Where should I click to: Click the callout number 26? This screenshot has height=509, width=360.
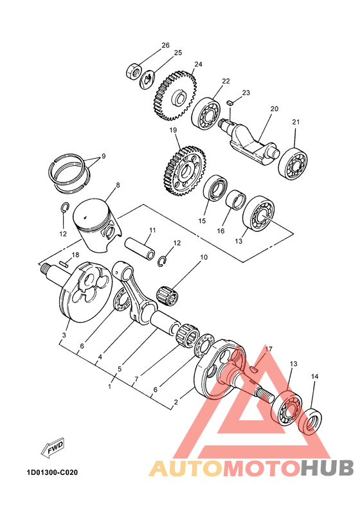click(165, 46)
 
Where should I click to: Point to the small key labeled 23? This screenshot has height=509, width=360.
click(230, 102)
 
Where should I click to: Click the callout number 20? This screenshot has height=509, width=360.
click(274, 109)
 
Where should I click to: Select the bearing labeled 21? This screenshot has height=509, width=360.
click(293, 163)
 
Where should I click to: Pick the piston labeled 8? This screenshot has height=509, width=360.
click(96, 222)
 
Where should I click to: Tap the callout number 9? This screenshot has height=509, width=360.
click(104, 156)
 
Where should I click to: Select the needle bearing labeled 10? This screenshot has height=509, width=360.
click(170, 296)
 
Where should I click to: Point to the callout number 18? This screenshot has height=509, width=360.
click(76, 255)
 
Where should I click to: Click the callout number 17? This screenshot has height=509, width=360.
click(269, 349)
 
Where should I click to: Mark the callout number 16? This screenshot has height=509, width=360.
click(221, 230)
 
